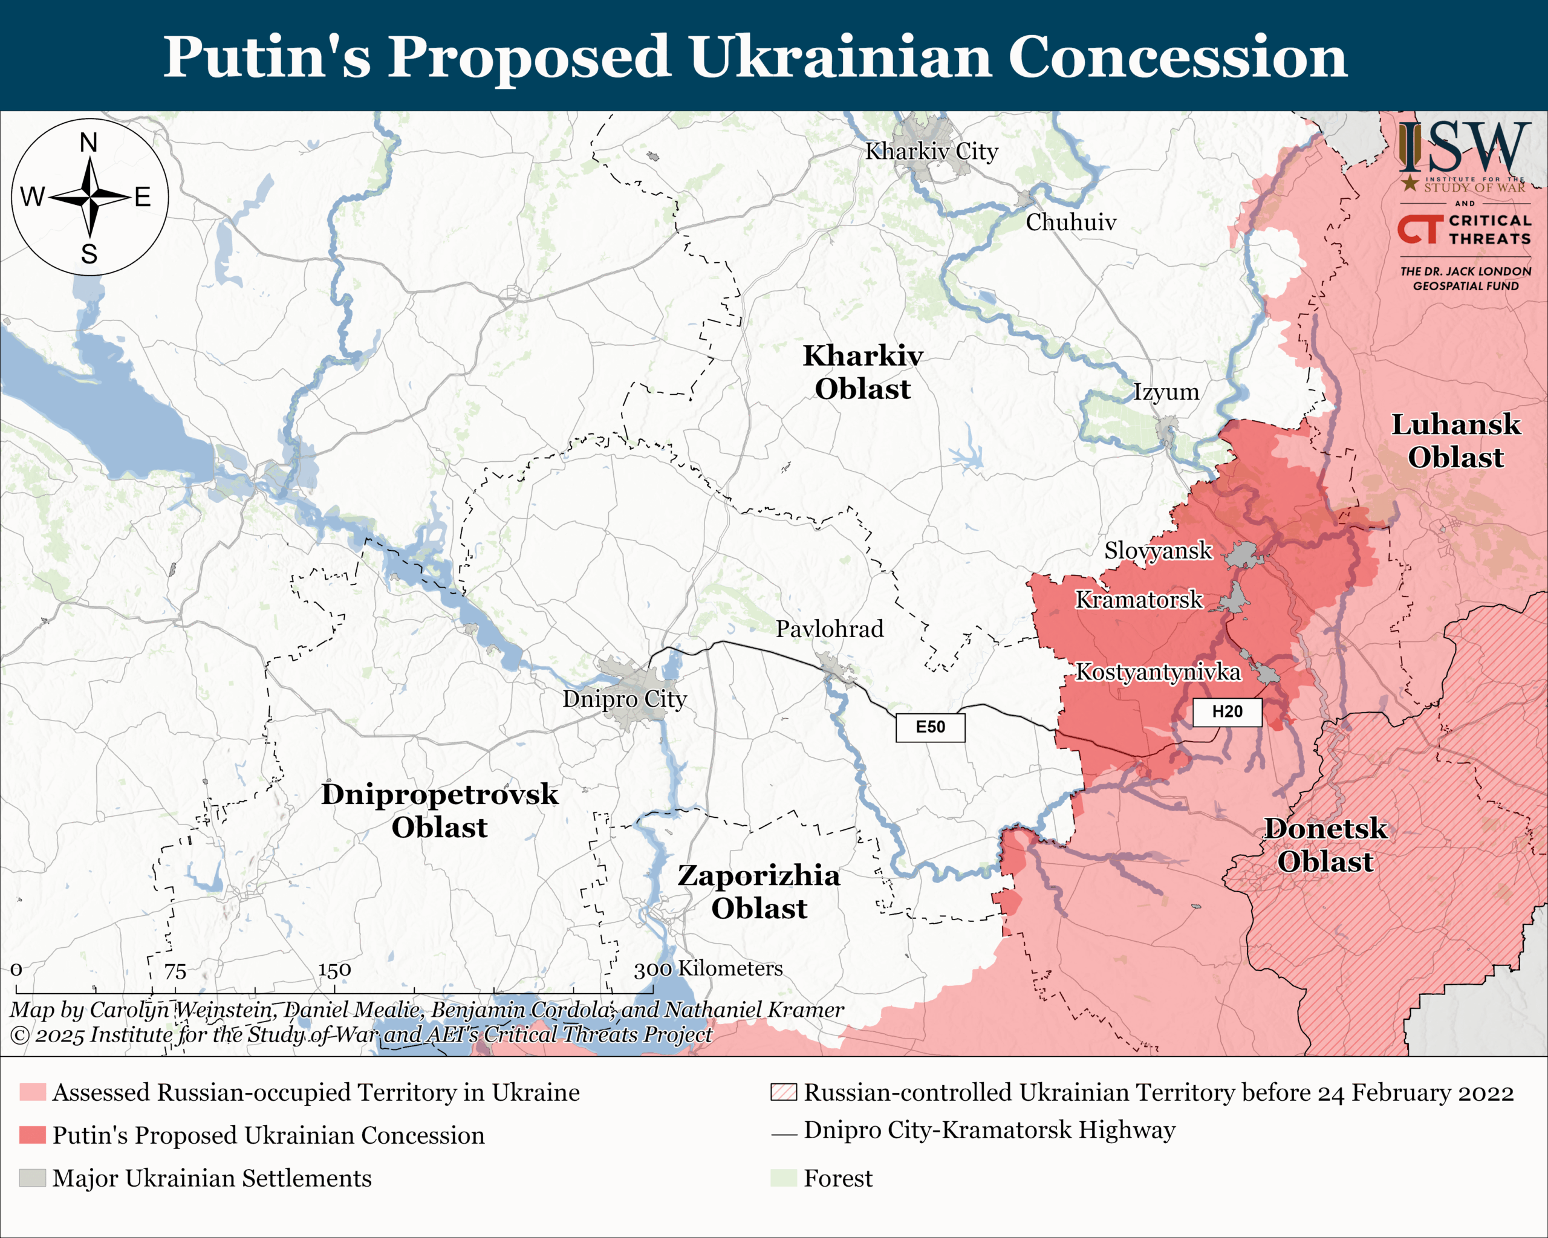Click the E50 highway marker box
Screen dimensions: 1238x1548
pos(930,727)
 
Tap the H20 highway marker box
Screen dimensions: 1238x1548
pos(1227,712)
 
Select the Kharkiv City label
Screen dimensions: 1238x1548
pos(931,152)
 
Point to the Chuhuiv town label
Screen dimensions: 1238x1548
pos(1070,222)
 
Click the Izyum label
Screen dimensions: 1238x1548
pos(1165,392)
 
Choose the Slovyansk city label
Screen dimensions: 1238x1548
pos(1157,551)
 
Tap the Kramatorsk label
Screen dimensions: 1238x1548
pos(1138,599)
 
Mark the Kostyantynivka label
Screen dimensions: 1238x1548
pos(1157,672)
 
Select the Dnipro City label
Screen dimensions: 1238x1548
pos(624,698)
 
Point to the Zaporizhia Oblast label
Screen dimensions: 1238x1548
pos(759,892)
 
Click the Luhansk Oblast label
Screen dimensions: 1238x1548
pos(1455,441)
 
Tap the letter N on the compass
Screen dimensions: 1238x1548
pos(88,143)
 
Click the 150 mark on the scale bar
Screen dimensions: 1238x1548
pos(334,970)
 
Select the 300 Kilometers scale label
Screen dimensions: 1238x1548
pos(708,969)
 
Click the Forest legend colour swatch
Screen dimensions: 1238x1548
pos(783,1178)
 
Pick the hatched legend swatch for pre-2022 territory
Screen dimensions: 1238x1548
pos(783,1092)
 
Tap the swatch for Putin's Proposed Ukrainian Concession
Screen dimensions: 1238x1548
pos(32,1135)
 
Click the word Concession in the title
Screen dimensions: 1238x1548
pos(1177,57)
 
